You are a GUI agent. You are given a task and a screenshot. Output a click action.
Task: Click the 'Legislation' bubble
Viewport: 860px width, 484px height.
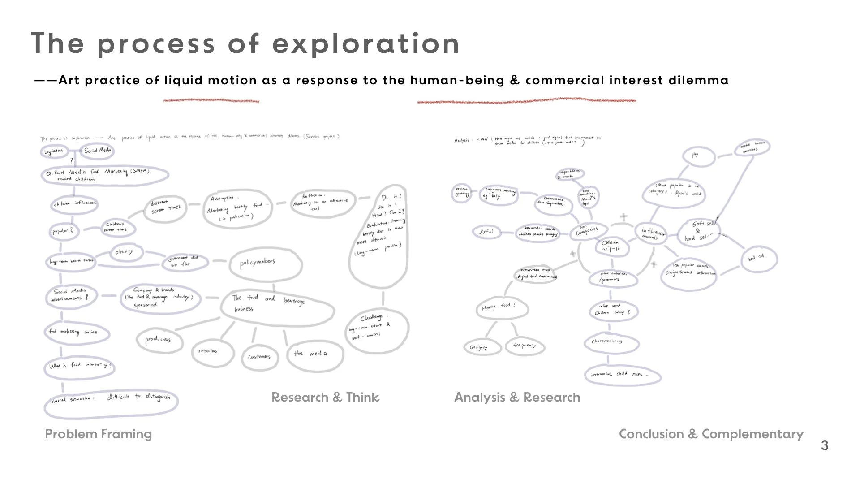click(54, 151)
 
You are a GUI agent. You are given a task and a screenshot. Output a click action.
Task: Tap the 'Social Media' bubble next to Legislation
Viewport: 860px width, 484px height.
click(97, 151)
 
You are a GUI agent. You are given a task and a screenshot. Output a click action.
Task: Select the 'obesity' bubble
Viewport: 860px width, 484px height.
click(124, 252)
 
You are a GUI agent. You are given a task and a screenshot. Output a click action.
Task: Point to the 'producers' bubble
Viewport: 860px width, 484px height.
click(158, 340)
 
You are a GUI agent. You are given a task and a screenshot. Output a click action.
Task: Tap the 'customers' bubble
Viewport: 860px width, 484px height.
click(259, 357)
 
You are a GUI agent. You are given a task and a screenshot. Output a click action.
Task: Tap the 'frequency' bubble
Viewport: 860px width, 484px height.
click(524, 346)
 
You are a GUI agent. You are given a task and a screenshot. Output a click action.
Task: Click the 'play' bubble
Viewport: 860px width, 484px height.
click(695, 155)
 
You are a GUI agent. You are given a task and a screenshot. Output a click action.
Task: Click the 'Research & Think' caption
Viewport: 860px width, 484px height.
click(325, 398)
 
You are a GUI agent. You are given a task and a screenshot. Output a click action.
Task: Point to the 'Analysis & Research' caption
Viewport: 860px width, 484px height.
click(517, 398)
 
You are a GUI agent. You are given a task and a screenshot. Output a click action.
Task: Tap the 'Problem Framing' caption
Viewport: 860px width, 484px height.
click(99, 434)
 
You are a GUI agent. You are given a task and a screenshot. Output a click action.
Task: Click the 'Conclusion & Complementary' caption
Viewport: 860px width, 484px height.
click(711, 434)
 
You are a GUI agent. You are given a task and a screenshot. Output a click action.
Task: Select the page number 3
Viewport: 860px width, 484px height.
click(825, 446)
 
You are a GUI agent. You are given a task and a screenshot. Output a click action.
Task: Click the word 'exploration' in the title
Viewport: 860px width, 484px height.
click(366, 44)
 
